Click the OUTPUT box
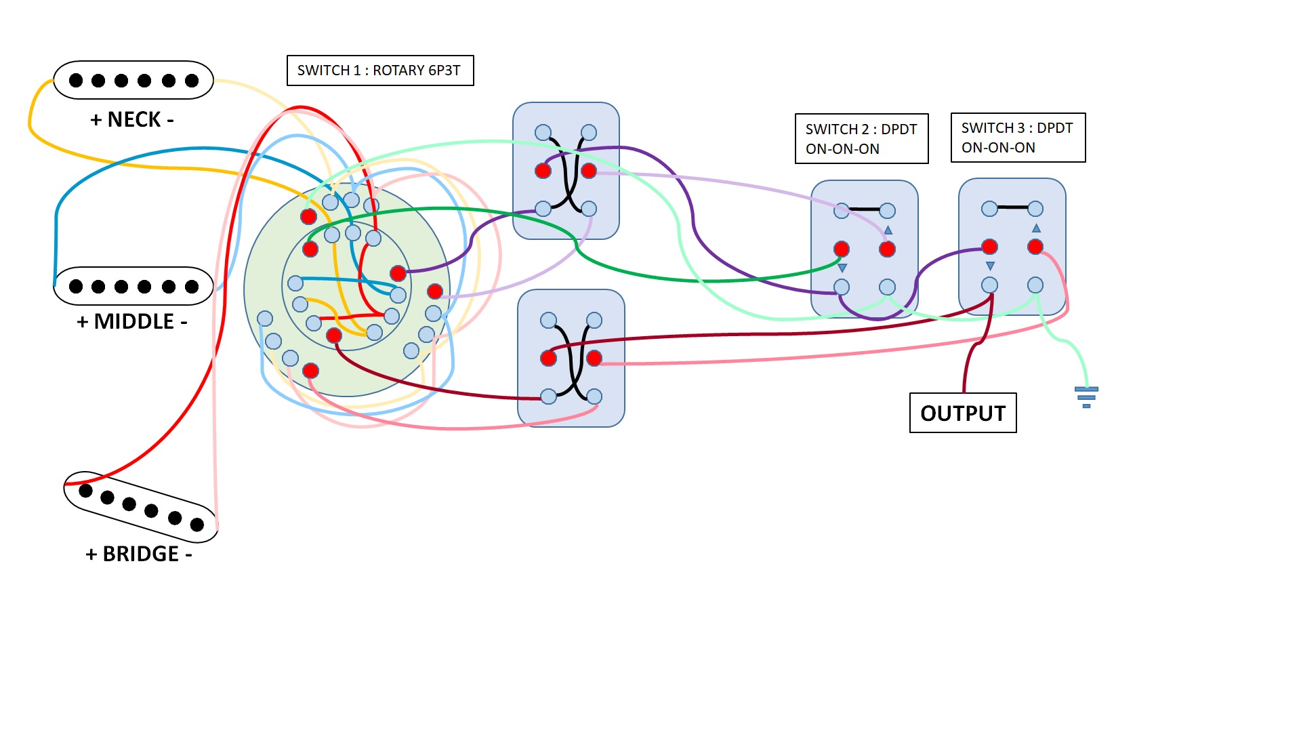coord(963,413)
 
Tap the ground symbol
coord(1086,397)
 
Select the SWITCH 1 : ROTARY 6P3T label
coord(380,70)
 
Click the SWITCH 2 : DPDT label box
coord(862,139)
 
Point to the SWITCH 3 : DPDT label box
coord(1018,138)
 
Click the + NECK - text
coord(132,120)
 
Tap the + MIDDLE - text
coord(132,321)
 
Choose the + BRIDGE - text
coord(139,554)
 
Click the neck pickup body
coord(133,80)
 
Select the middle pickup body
coord(133,286)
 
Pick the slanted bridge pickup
coord(141,507)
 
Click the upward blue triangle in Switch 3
coord(1036,228)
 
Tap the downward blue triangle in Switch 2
coord(842,268)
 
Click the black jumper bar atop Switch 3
coord(1012,207)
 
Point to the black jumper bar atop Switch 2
coord(865,209)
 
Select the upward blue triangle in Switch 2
coord(888,230)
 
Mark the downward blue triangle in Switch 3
coord(990,266)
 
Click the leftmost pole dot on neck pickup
coord(76,81)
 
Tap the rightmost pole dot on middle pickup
coord(192,287)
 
